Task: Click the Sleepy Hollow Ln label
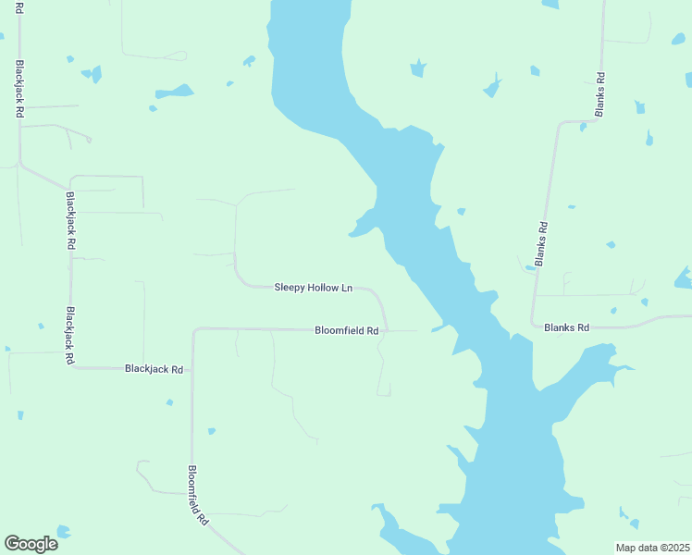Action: click(313, 288)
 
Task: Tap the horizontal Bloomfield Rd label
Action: click(347, 330)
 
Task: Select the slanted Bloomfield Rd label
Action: click(196, 495)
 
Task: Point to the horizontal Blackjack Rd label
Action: click(154, 369)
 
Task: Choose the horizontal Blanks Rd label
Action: click(566, 327)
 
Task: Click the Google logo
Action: click(31, 544)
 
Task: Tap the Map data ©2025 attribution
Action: click(652, 548)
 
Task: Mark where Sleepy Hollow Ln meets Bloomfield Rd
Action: click(386, 328)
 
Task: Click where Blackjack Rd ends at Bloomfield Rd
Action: click(192, 368)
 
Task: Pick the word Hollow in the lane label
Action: click(324, 288)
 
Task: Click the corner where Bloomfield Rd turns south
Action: click(193, 329)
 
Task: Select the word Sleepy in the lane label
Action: click(290, 288)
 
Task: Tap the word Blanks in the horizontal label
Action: click(560, 327)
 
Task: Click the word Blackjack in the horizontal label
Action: click(146, 369)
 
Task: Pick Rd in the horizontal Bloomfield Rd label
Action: click(372, 330)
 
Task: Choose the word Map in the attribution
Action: click(626, 548)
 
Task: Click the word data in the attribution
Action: click(647, 548)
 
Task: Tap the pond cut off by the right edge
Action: click(684, 277)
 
